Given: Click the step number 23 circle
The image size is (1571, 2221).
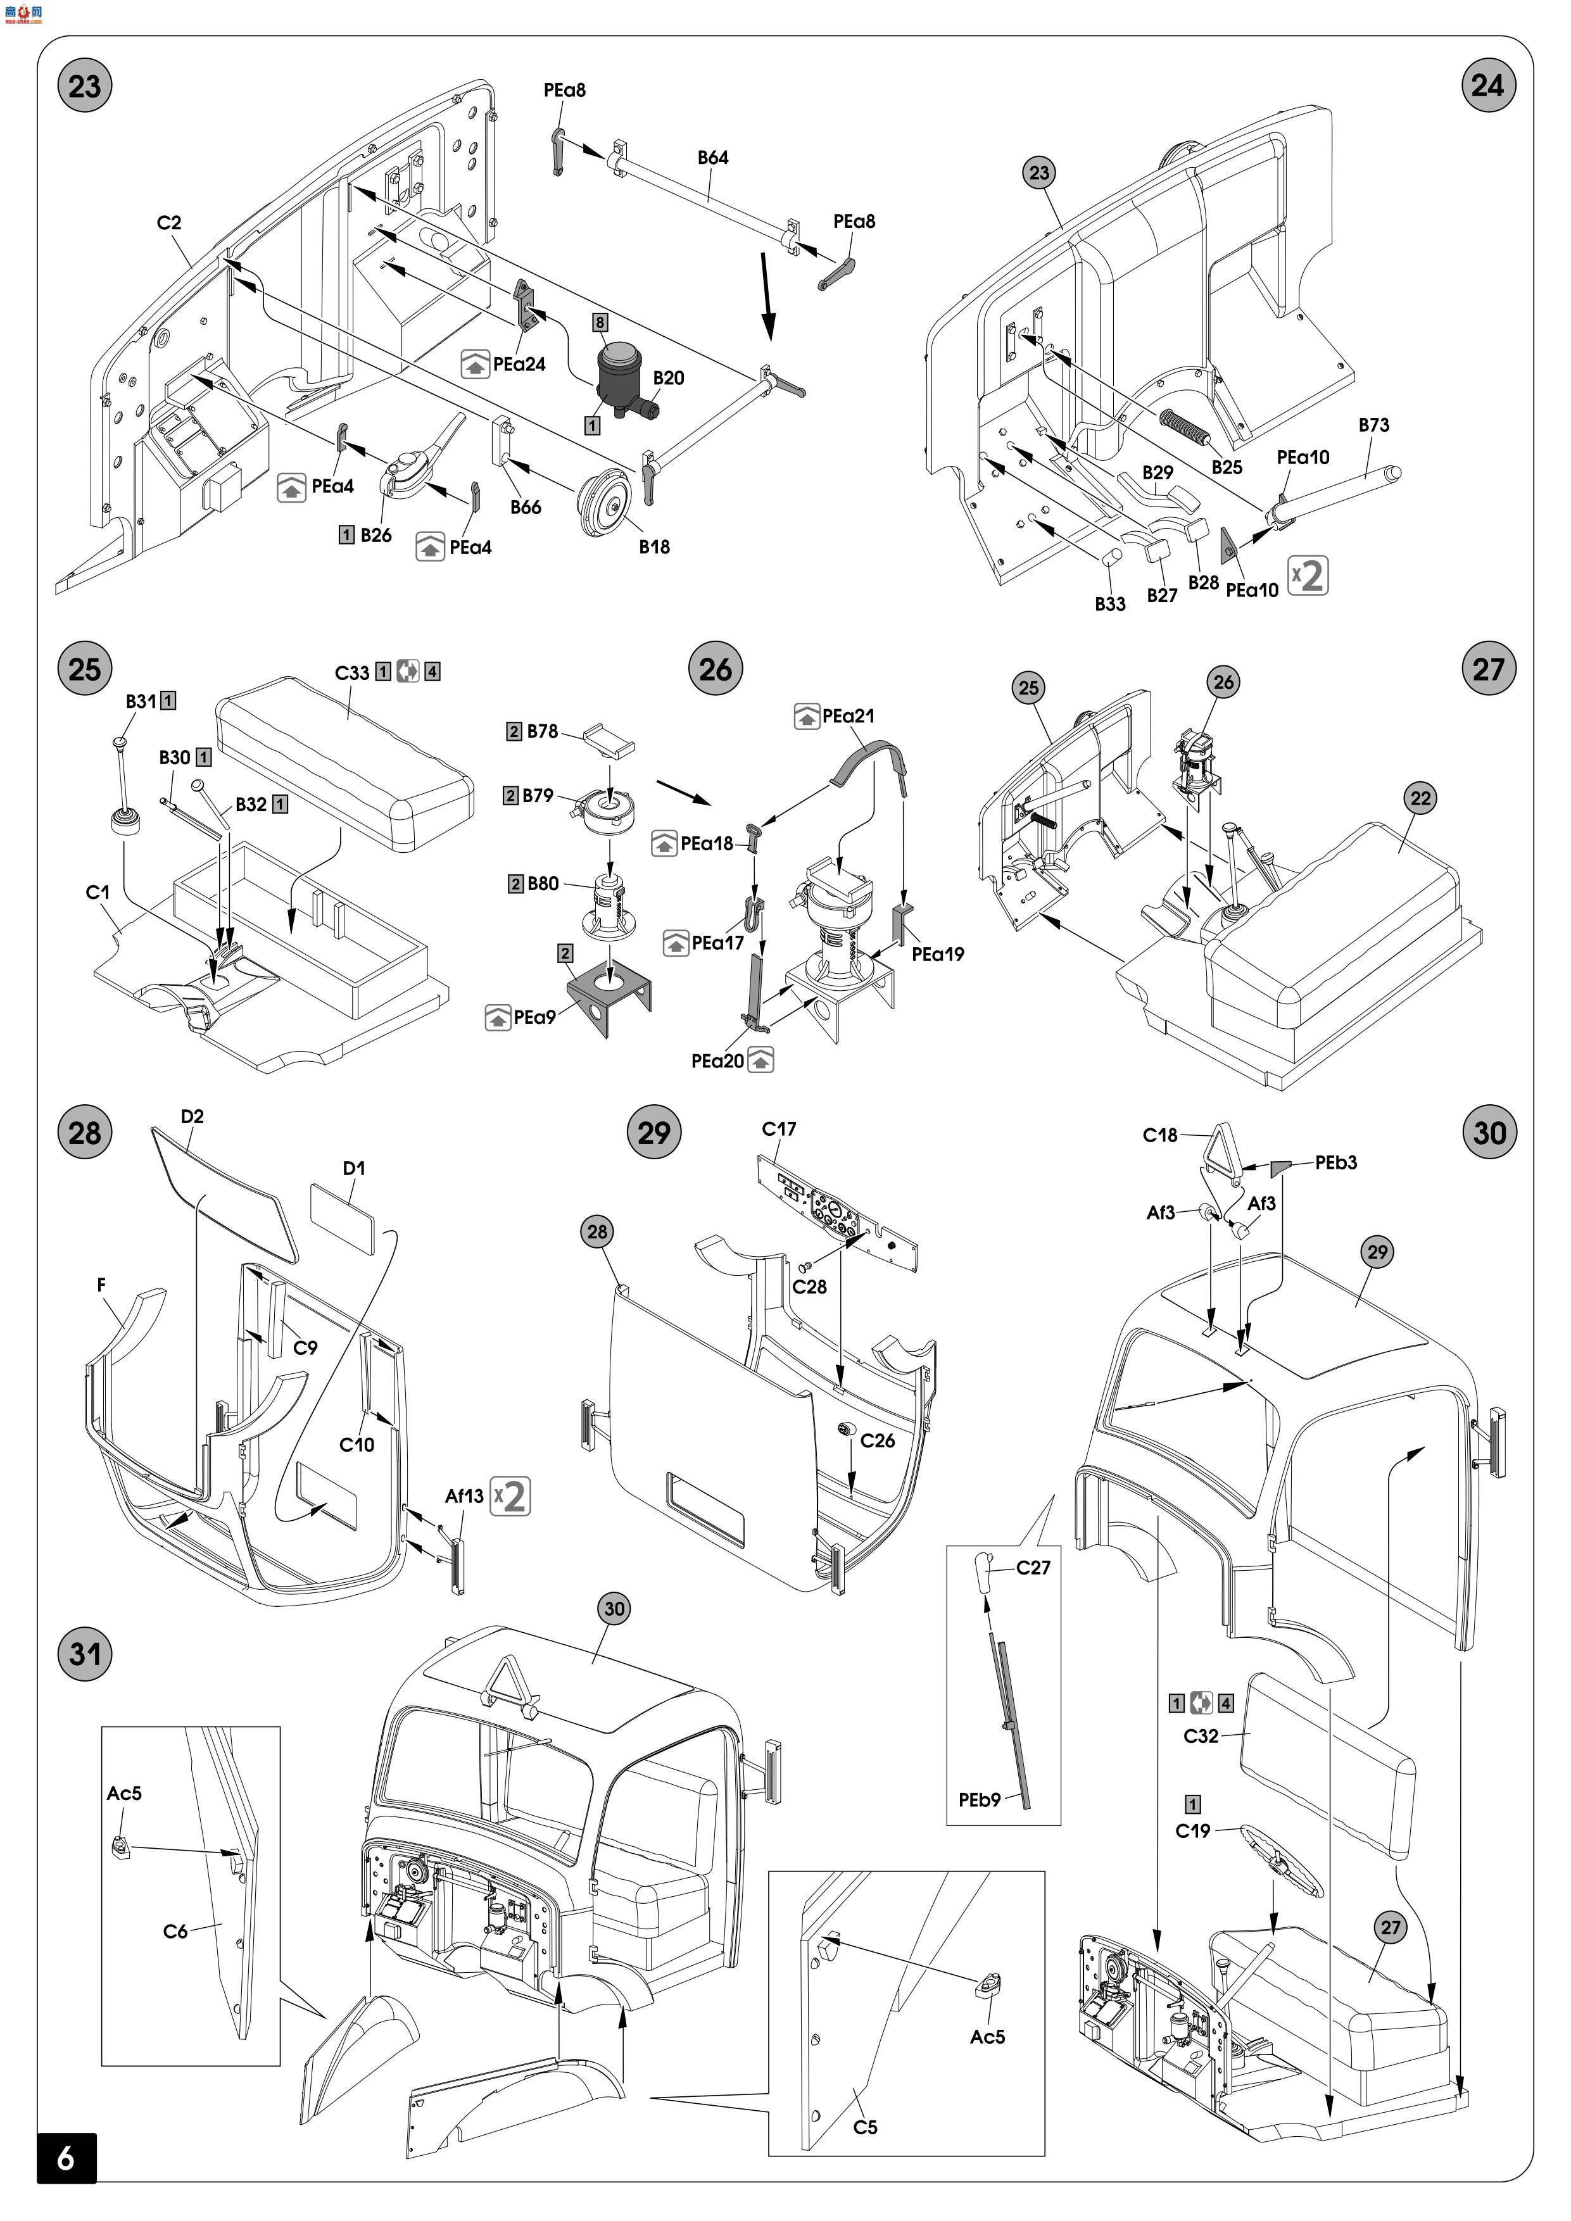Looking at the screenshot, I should click(x=84, y=86).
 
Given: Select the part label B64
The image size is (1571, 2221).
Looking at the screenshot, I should click(x=713, y=158).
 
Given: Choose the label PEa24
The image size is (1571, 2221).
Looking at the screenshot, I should click(x=519, y=365).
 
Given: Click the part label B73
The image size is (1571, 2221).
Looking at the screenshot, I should click(x=1373, y=425).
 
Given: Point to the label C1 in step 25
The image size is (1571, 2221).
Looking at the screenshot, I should click(x=98, y=892).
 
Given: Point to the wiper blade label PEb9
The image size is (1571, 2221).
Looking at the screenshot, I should click(x=979, y=1800).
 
